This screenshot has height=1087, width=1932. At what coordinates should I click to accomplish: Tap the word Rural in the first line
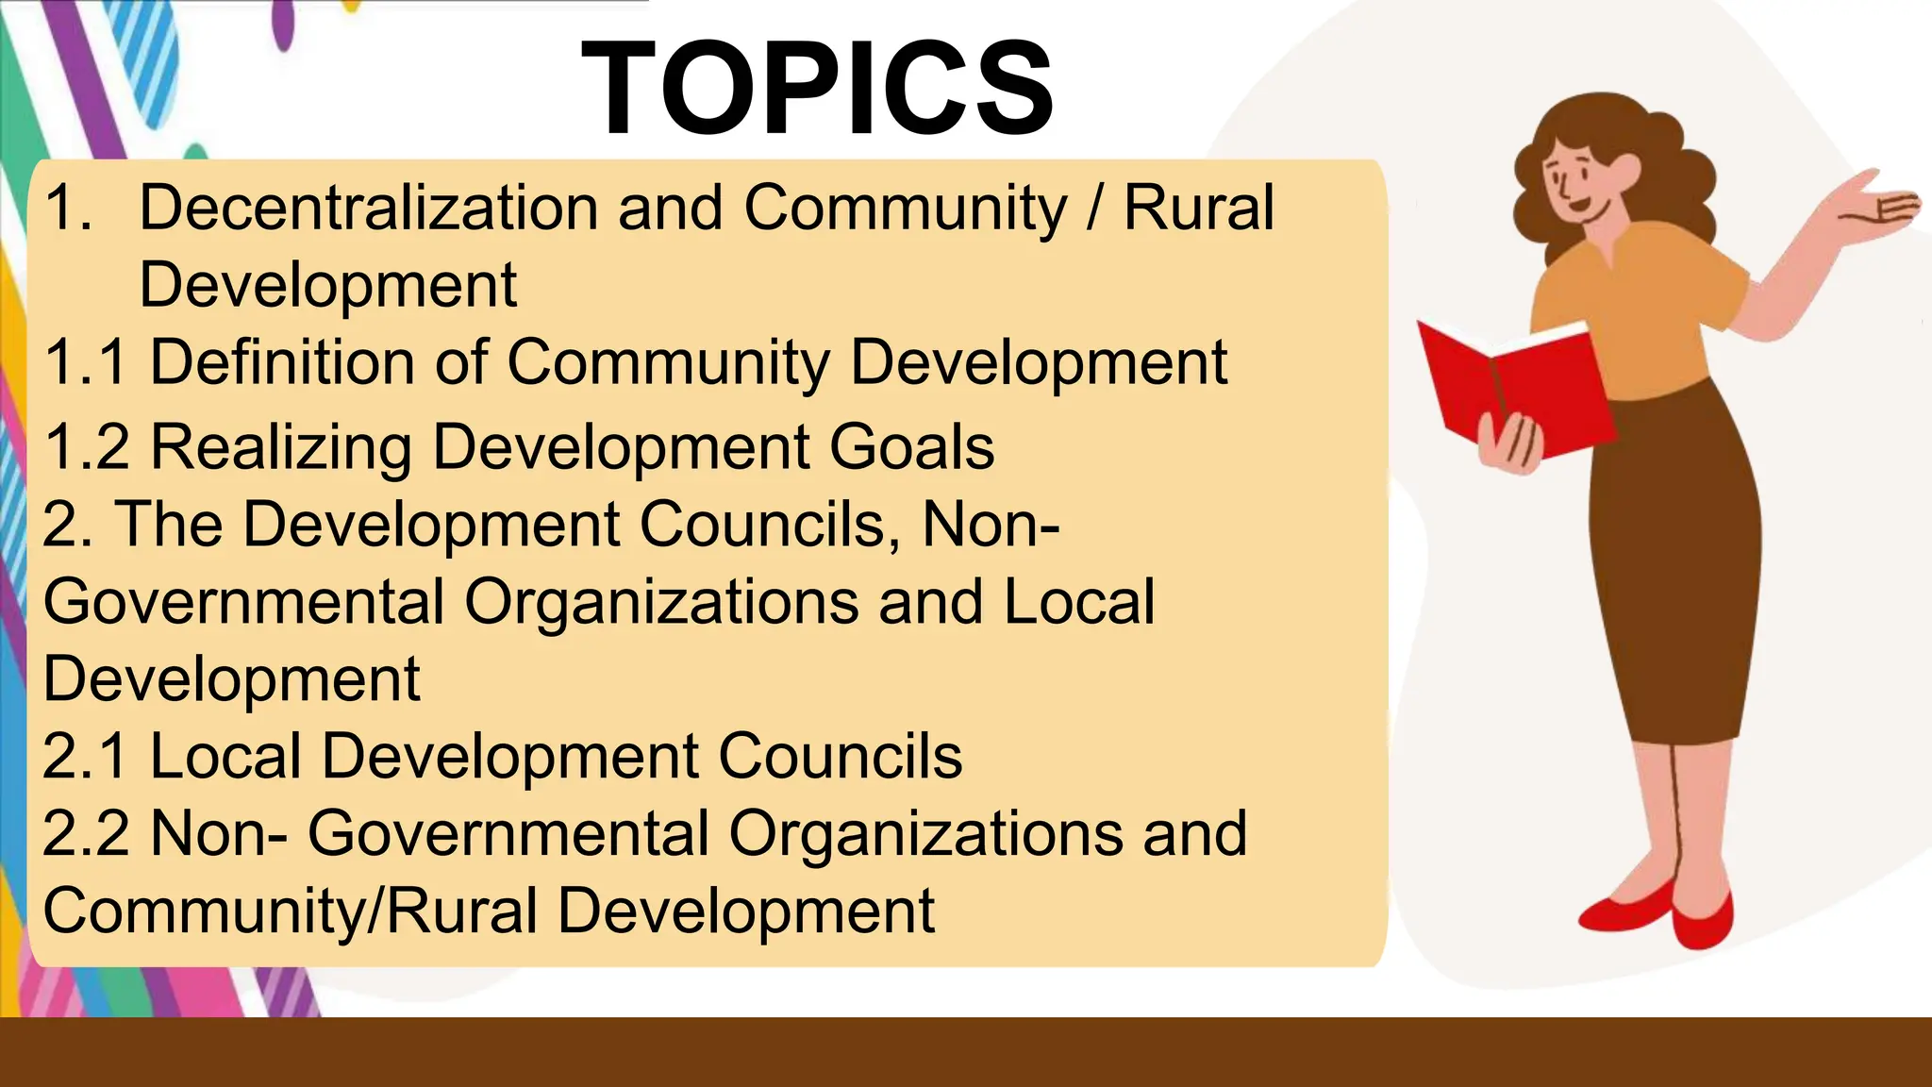pos(1198,209)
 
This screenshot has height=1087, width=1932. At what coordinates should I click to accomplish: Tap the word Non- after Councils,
pos(991,525)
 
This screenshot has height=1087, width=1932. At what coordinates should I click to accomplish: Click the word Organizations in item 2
pos(661,602)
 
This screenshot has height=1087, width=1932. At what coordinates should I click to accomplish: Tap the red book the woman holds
pos(1509,387)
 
